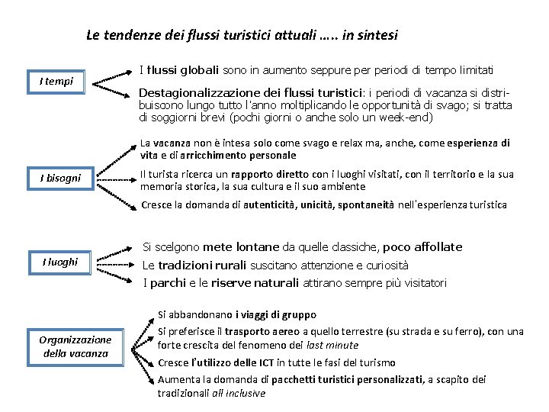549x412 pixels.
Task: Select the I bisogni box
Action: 60,179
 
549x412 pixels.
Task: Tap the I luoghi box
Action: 60,262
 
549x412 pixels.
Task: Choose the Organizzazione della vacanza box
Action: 75,346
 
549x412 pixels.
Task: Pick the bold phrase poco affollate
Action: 422,246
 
